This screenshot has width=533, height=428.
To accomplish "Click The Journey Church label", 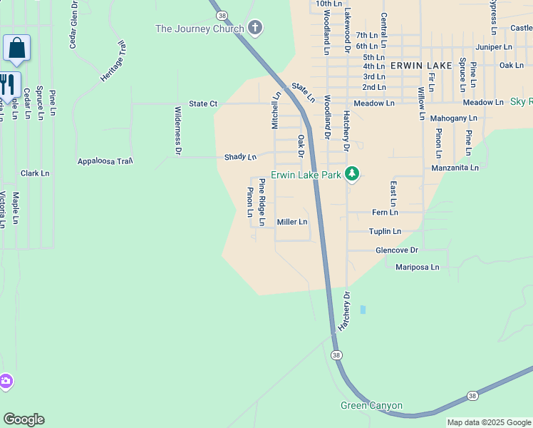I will click(x=200, y=29).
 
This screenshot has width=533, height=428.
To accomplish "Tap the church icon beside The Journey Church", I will click(x=256, y=29).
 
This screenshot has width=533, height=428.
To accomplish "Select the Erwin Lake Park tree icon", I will click(x=351, y=173).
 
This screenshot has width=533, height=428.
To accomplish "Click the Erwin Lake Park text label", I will click(x=306, y=174).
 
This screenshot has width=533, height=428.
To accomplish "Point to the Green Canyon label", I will click(x=371, y=406).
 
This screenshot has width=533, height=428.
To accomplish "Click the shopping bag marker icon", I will click(x=17, y=49).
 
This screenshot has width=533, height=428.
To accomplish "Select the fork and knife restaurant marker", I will click(x=8, y=84).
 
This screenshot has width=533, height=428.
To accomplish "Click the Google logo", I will click(x=24, y=419).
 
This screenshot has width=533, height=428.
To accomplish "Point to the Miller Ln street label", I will click(x=292, y=222).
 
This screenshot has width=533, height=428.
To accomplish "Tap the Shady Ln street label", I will click(x=240, y=156).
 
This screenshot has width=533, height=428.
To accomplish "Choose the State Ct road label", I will click(x=203, y=103).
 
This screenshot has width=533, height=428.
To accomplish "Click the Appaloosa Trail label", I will click(x=105, y=161).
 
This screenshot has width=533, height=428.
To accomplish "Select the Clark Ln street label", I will click(x=35, y=173).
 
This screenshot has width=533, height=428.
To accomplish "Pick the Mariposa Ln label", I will click(x=418, y=267).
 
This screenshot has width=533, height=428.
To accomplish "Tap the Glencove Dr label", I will click(x=397, y=250).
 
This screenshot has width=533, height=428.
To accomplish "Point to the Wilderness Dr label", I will click(x=178, y=131).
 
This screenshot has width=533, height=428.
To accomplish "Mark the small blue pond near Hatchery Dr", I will click(x=363, y=310).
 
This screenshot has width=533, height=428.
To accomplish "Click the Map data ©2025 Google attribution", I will click(x=490, y=422).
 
